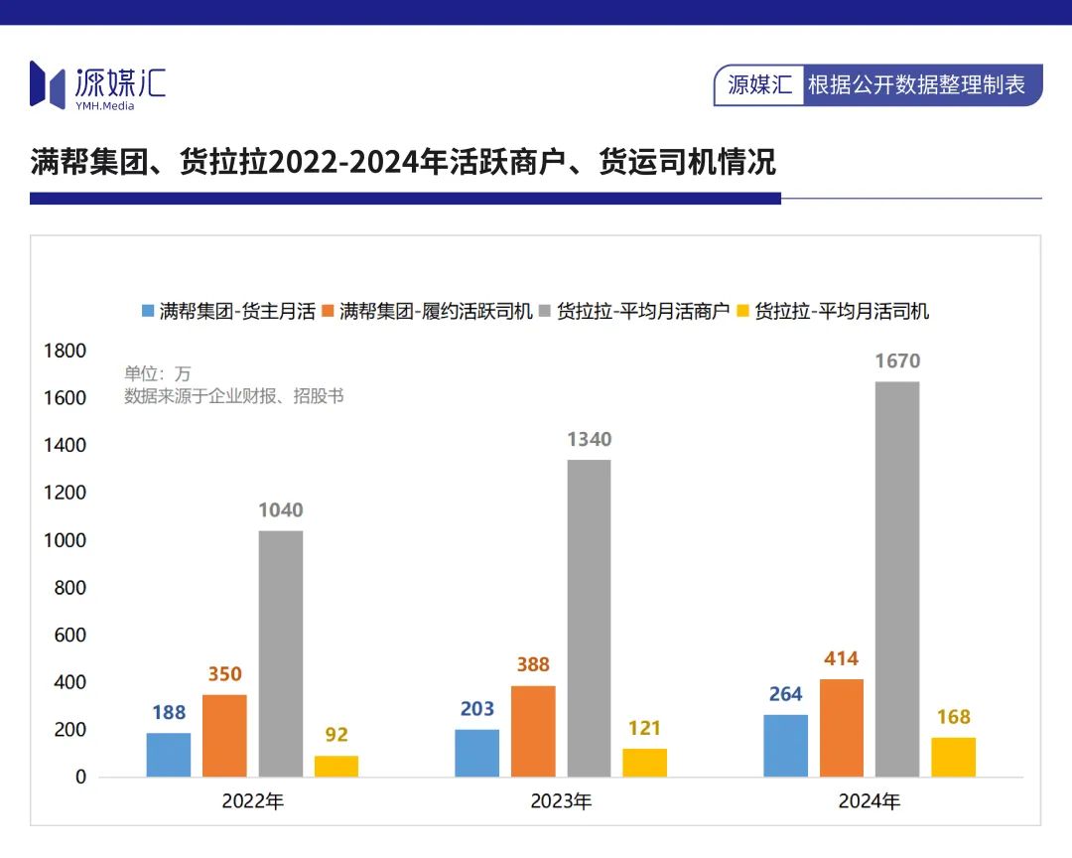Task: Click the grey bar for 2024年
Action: (897, 579)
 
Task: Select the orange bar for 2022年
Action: (224, 735)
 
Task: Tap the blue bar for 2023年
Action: (477, 753)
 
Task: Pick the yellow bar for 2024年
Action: (953, 757)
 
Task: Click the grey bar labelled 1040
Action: (281, 653)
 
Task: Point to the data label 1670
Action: (897, 361)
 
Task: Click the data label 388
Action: (533, 665)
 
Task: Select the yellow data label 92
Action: (336, 735)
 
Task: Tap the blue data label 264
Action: (785, 694)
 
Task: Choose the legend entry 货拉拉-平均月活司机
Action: (842, 311)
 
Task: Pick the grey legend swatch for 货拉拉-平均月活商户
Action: (544, 311)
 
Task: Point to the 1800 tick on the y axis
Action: (65, 351)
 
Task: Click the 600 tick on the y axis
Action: (69, 635)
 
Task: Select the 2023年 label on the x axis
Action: (561, 801)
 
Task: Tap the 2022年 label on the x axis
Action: (253, 801)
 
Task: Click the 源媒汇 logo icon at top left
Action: (47, 83)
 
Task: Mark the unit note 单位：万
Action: (157, 374)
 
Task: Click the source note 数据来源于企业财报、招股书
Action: (234, 396)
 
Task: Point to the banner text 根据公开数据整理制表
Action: (916, 85)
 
